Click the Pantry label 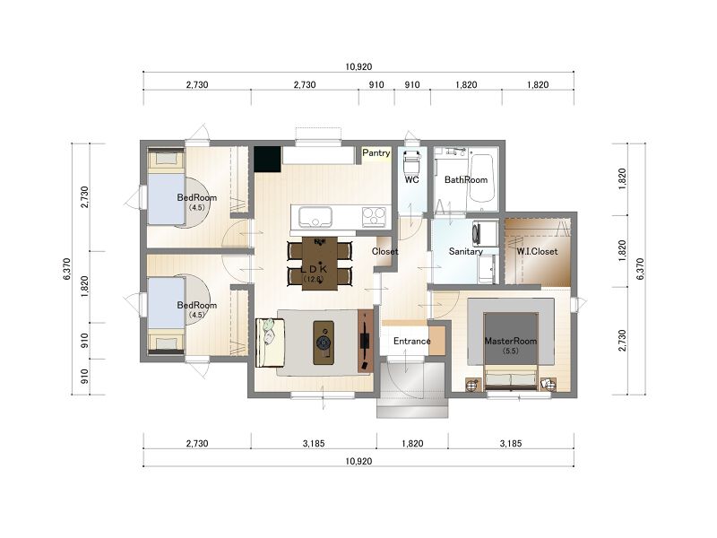pos(376,152)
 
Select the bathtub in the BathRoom pos(481,178)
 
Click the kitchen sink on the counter pos(315,216)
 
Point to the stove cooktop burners pos(374,217)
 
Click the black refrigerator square pos(267,160)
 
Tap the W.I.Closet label pos(537,252)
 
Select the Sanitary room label pos(465,251)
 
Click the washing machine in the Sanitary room pos(486,232)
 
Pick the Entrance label pos(411,341)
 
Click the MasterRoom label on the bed pos(510,341)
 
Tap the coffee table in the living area pos(324,343)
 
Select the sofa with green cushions pos(271,343)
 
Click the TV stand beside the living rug pos(365,341)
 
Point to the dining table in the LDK pos(320,263)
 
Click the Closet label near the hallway pos(384,251)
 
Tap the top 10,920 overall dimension pos(358,66)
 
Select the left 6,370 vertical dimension pos(67,269)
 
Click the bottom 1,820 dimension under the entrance pos(412,443)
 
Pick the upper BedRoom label pos(197,197)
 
